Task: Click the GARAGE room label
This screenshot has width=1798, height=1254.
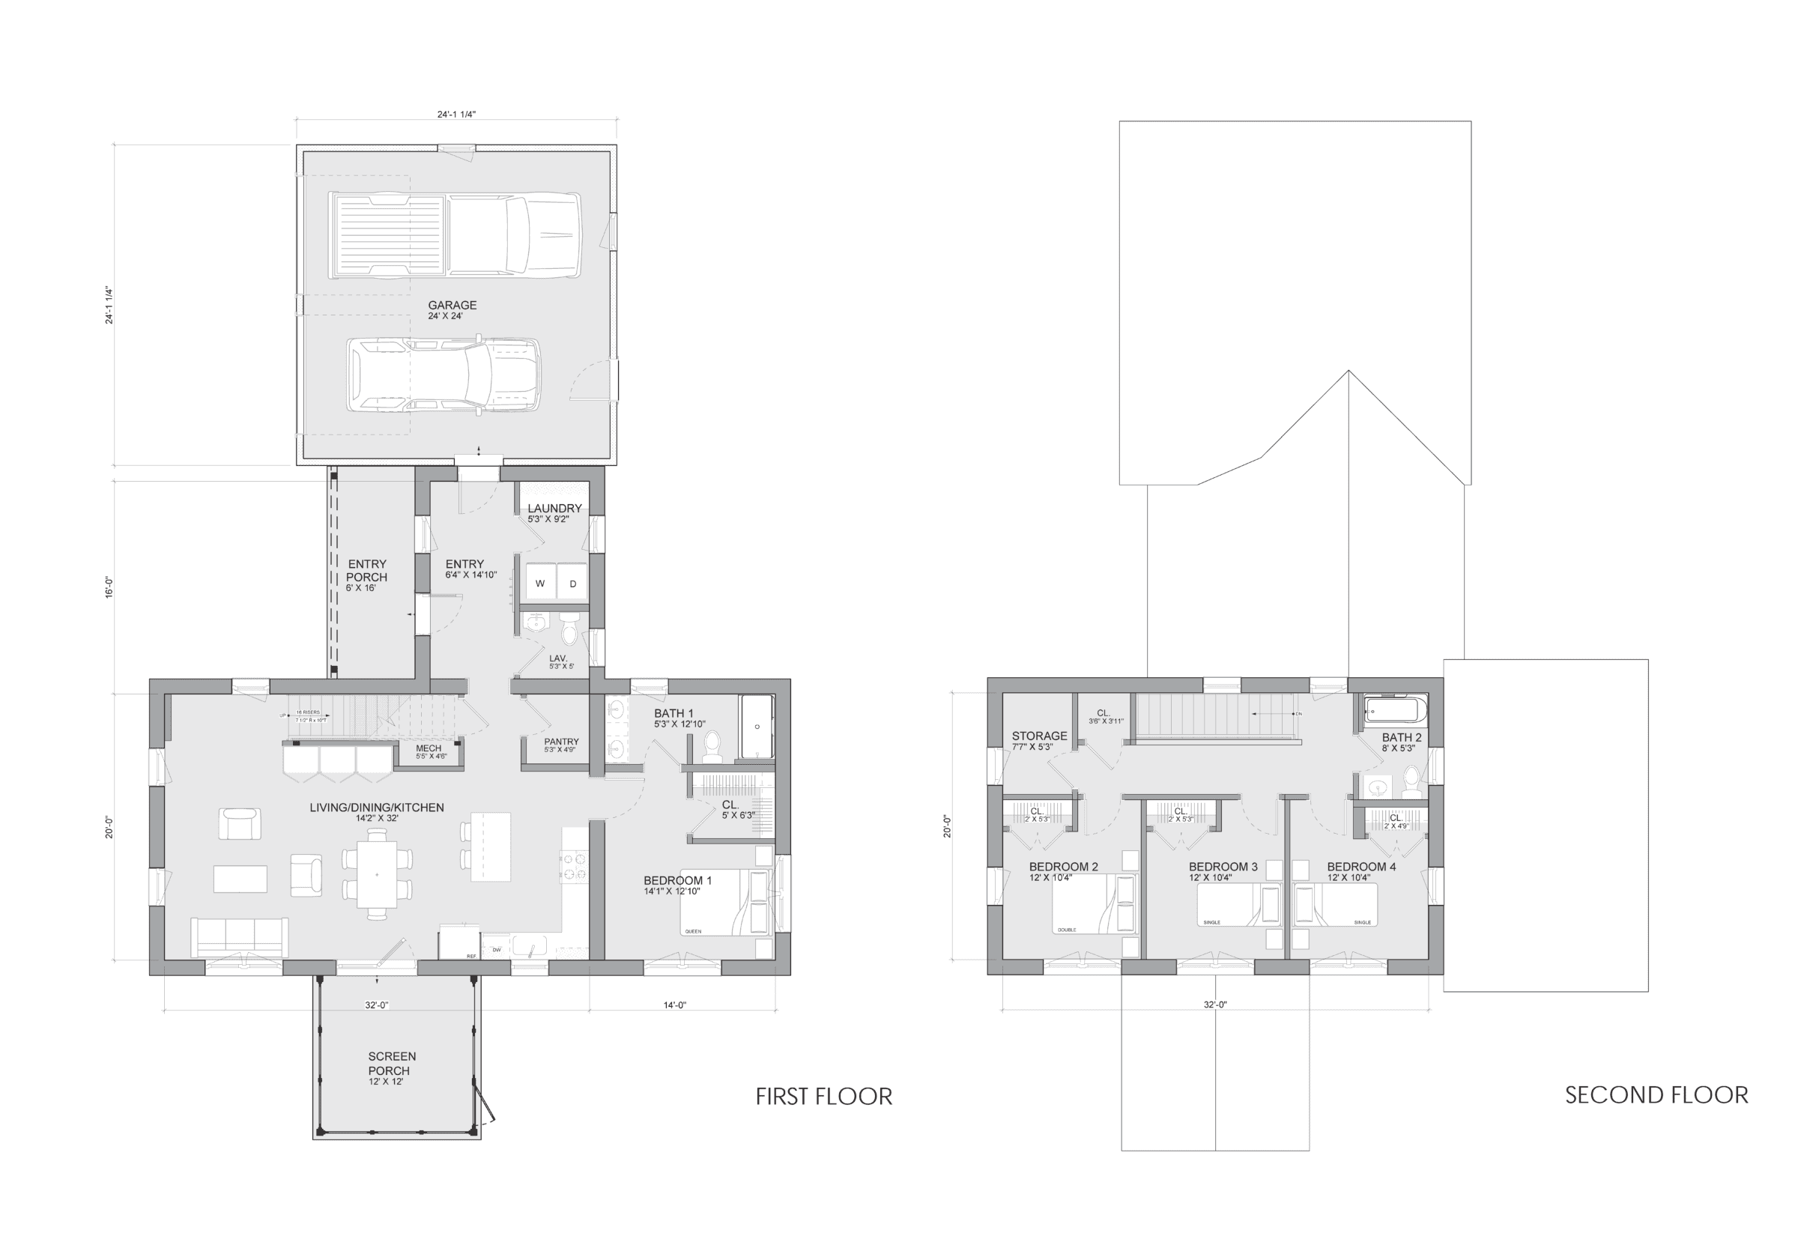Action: pyautogui.click(x=452, y=306)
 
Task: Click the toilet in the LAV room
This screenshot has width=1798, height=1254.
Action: pyautogui.click(x=570, y=628)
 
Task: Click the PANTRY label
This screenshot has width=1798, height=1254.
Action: pyautogui.click(x=560, y=741)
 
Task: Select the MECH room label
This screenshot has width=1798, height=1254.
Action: pyautogui.click(x=429, y=748)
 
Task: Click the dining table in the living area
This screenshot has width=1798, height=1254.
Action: pyautogui.click(x=376, y=874)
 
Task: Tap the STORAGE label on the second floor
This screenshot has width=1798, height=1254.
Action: pyautogui.click(x=1038, y=736)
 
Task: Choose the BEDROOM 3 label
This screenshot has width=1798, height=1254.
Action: pyautogui.click(x=1223, y=866)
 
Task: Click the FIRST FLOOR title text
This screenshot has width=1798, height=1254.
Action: pyautogui.click(x=823, y=1096)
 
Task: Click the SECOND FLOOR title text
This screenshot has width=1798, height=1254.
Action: pyautogui.click(x=1656, y=1094)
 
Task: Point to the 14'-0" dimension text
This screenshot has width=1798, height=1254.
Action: pyautogui.click(x=674, y=1005)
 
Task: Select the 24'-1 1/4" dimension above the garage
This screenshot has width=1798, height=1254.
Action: pyautogui.click(x=455, y=115)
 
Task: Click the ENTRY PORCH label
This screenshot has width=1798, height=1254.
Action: pyautogui.click(x=366, y=570)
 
